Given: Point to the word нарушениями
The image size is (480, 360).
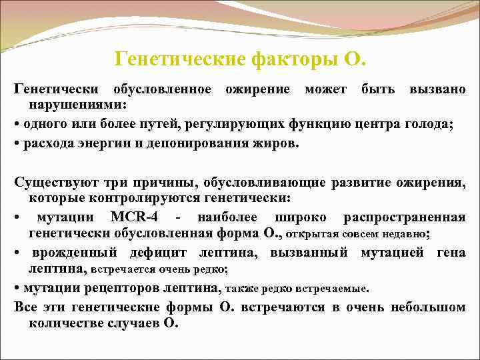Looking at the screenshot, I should point(77,105).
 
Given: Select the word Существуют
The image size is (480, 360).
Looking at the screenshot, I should point(53,182).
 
